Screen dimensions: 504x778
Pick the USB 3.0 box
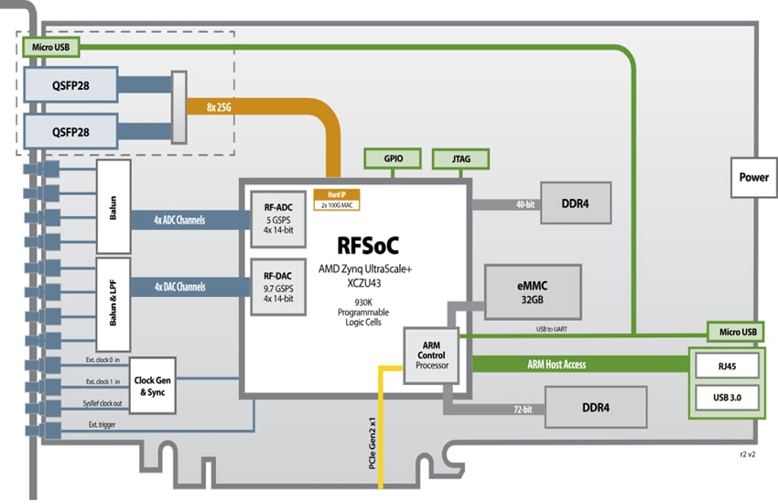724,398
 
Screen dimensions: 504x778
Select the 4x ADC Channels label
179,220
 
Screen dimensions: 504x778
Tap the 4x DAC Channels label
179,286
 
